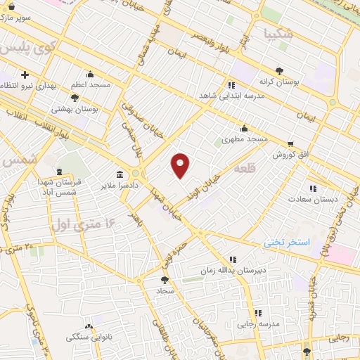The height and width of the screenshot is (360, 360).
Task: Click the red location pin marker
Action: point(181,165)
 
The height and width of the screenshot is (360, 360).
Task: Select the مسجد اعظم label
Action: point(90,84)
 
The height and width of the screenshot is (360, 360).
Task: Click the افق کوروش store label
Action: point(291,154)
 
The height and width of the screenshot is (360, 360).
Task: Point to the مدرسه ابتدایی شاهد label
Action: point(243,96)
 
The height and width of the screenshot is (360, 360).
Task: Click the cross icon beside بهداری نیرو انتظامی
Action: point(25,75)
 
